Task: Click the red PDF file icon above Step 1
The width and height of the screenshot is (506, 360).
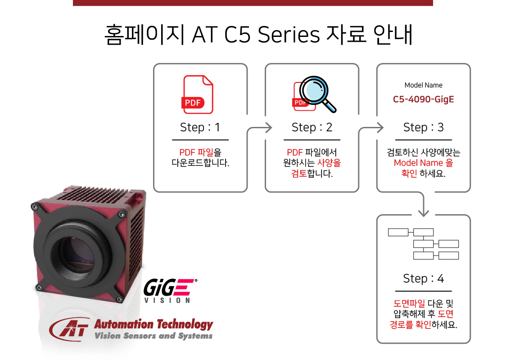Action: coord(197,94)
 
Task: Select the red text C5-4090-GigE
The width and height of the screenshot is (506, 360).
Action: coord(423,99)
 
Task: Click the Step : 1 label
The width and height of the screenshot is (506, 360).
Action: coord(200,127)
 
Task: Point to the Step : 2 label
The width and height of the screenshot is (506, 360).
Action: coord(312,127)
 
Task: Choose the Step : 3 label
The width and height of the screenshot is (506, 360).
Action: coord(423,127)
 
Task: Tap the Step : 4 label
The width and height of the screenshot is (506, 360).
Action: coord(423,279)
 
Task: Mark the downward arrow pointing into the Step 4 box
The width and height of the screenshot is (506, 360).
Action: coord(423,204)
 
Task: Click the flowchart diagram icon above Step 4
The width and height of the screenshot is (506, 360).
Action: coord(423,244)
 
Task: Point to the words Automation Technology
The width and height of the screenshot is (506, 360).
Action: coord(154,324)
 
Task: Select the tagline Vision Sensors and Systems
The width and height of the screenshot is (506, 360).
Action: coord(154,336)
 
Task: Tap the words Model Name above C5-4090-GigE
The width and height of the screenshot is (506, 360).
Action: coord(423,85)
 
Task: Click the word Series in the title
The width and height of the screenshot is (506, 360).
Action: coord(289,35)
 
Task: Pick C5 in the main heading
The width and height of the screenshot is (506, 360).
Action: coord(237,35)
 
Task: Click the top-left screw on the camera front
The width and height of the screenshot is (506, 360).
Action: coord(35,207)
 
